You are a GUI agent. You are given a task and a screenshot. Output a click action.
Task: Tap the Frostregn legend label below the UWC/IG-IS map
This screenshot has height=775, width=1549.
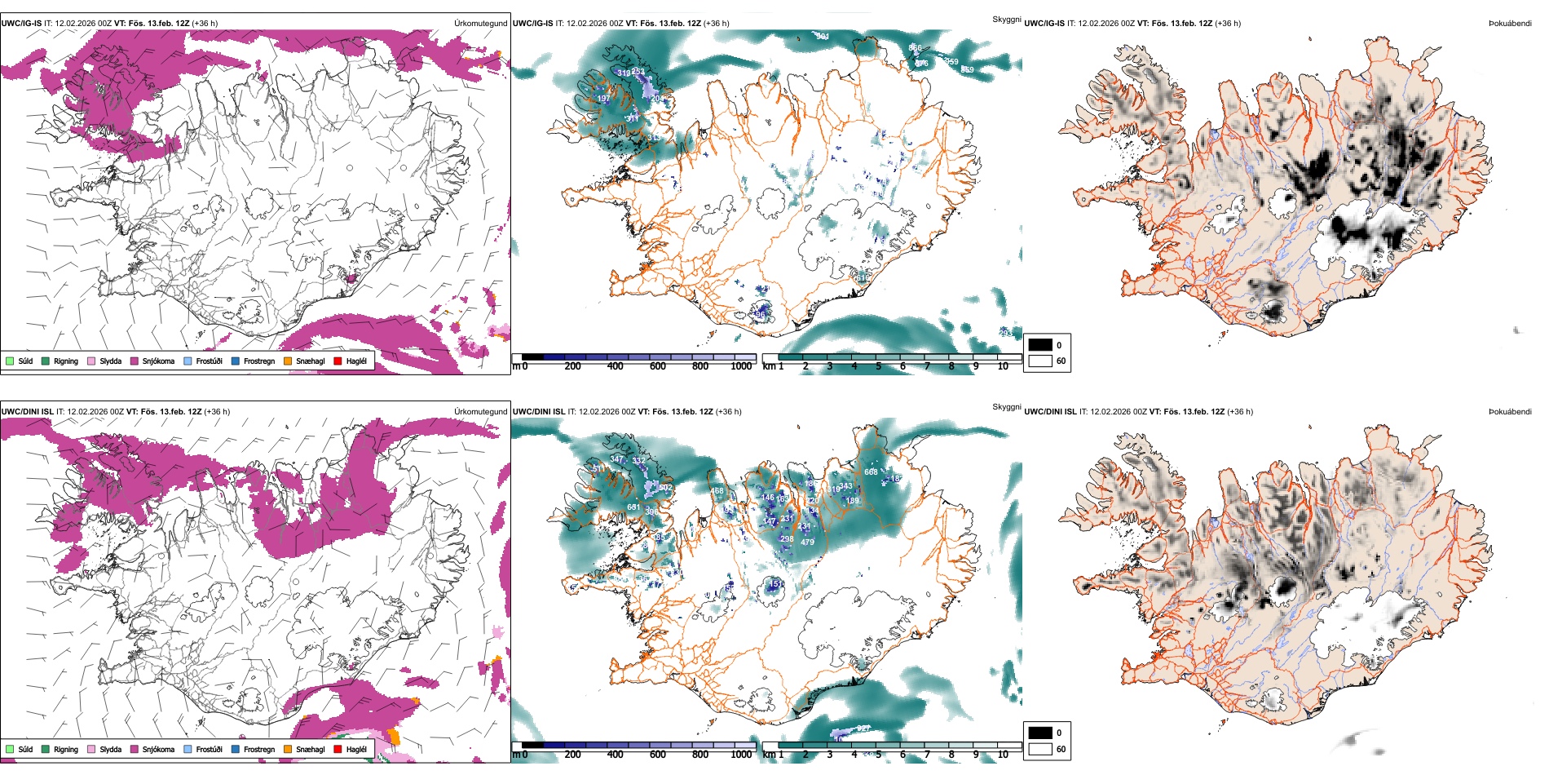258,361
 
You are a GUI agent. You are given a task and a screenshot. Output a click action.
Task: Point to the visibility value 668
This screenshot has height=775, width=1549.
871,472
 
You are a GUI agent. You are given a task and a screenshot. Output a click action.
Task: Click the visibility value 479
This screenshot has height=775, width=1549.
807,542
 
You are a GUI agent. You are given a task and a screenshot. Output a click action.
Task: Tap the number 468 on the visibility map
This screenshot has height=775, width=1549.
717,490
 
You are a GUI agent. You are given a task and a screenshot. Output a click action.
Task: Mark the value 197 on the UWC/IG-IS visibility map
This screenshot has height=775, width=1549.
603,99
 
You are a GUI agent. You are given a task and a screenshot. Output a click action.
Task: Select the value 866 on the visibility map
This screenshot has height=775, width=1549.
915,48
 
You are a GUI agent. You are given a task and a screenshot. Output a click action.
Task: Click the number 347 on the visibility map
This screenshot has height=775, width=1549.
616,459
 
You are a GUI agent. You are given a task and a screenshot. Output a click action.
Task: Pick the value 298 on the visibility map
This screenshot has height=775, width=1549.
787,538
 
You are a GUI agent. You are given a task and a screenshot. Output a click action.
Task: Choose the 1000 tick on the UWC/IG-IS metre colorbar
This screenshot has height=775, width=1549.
741,366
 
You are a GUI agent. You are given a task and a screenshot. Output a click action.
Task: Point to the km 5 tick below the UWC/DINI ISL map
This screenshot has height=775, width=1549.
879,755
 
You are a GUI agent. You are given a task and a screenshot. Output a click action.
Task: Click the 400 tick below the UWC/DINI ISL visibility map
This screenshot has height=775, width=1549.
616,755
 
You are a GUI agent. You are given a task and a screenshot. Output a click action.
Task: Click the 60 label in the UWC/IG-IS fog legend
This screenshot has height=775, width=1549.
1061,361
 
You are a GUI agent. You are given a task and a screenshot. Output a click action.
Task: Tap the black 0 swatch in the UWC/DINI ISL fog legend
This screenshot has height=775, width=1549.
1040,733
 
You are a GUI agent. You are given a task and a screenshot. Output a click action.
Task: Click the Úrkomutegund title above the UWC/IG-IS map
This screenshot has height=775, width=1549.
480,24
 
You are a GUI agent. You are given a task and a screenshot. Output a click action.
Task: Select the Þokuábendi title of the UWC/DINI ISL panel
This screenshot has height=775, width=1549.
1510,412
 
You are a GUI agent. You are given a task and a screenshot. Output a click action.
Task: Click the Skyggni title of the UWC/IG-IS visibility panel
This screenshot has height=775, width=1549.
1006,19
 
